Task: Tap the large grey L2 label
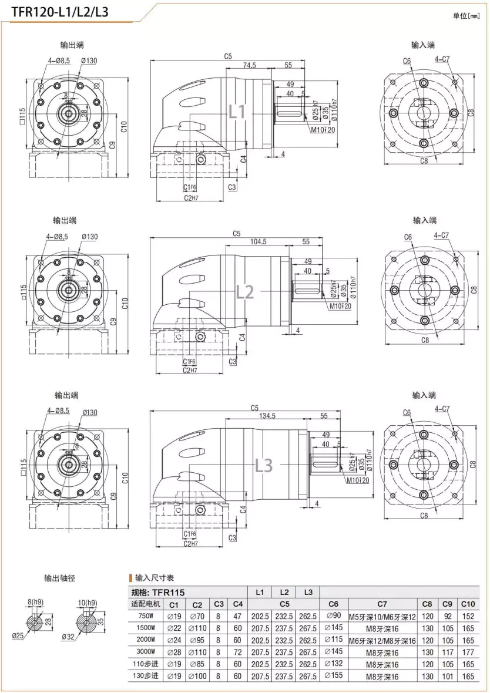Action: [245, 291]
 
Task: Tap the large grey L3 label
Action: [264, 465]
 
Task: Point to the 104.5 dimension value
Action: [259, 241]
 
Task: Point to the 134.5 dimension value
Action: [267, 416]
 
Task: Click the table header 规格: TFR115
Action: [158, 593]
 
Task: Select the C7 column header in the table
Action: [382, 604]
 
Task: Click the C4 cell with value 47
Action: [237, 616]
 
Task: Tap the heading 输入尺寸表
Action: [155, 578]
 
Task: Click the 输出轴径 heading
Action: [60, 578]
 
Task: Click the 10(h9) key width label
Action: [87, 603]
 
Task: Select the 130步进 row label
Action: [146, 676]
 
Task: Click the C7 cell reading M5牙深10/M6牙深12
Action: [382, 616]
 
